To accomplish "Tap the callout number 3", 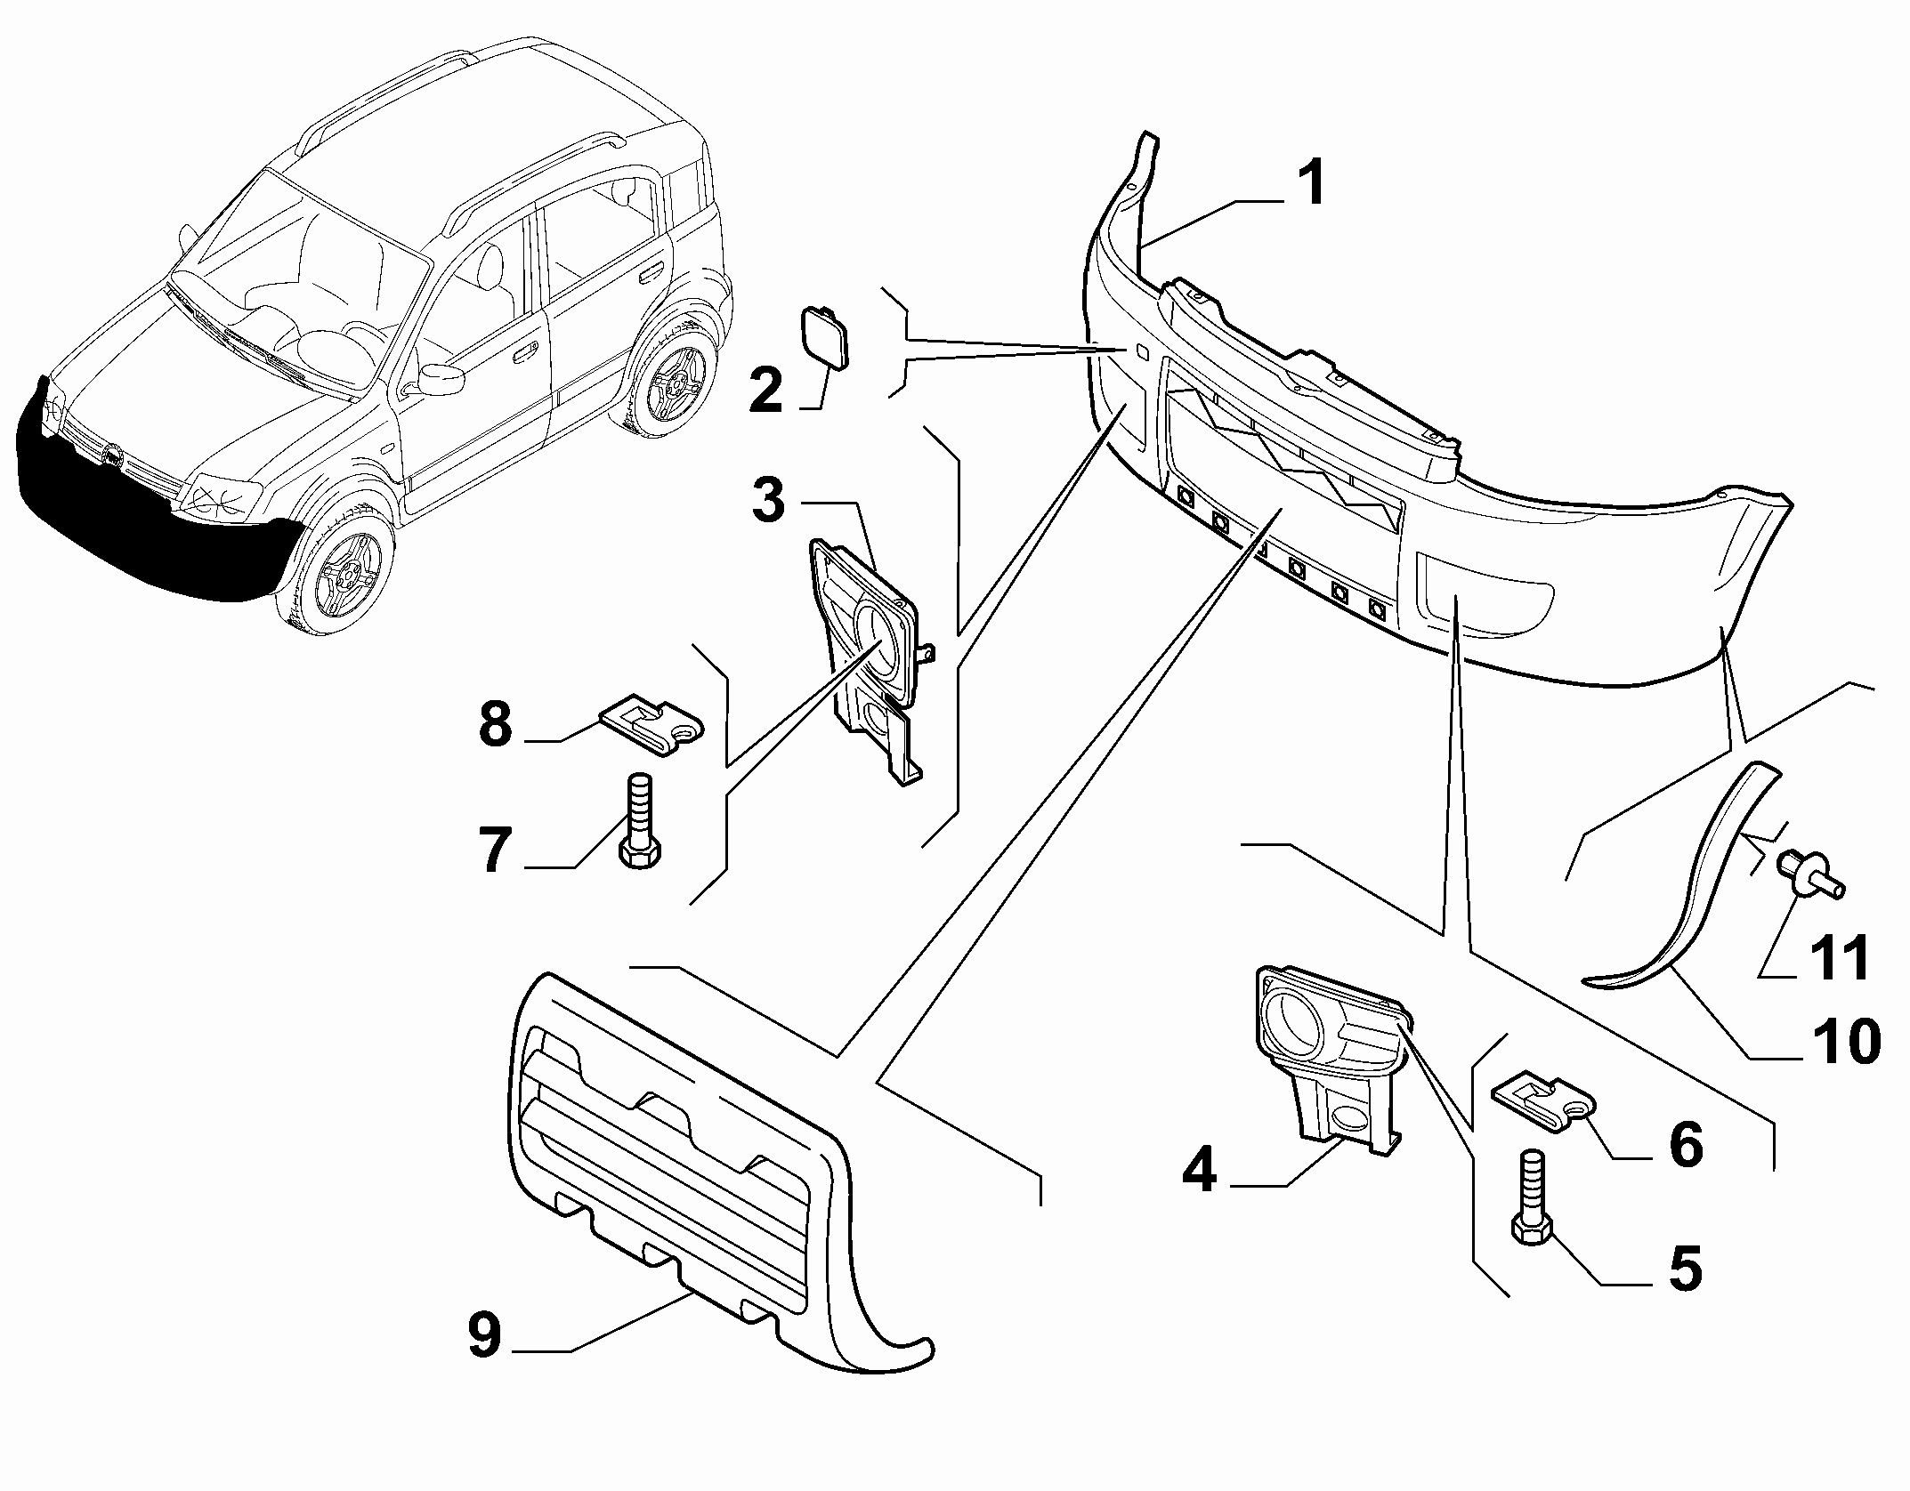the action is pos(768,500).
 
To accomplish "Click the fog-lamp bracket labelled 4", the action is pos(1326,1059).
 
